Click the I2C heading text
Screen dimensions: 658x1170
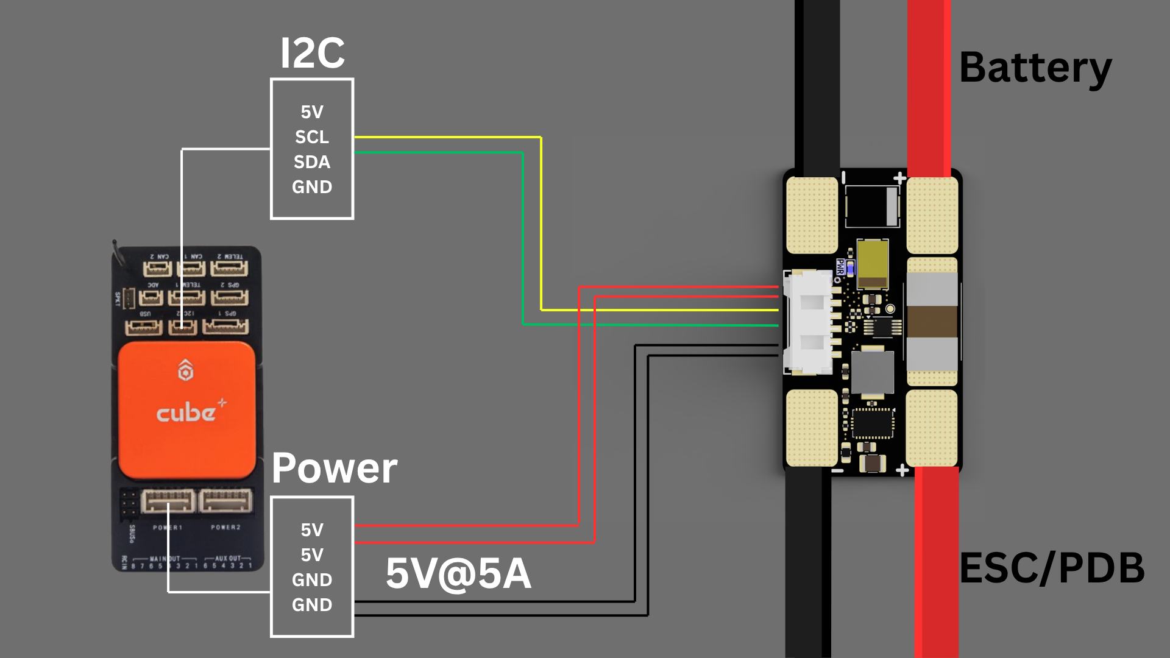point(313,54)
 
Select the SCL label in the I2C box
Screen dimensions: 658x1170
point(312,137)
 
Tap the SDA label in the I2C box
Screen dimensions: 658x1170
point(312,162)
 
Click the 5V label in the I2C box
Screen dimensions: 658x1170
point(312,112)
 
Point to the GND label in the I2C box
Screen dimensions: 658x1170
point(312,187)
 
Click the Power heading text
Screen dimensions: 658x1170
point(335,469)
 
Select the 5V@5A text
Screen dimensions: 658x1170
point(458,574)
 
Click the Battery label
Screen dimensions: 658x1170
point(1035,68)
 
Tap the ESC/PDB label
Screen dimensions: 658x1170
point(1052,568)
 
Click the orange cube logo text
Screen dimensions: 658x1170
point(186,414)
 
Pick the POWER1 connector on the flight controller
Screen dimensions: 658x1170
point(168,501)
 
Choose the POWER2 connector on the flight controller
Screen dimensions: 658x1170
point(225,501)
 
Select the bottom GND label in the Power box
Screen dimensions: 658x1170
point(312,605)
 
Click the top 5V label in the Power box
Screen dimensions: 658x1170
point(312,530)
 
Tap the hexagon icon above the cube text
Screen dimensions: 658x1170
point(186,370)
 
